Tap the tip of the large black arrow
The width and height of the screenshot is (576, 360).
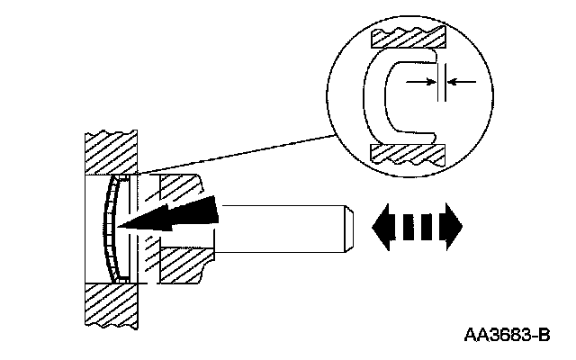[x=124, y=226]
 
